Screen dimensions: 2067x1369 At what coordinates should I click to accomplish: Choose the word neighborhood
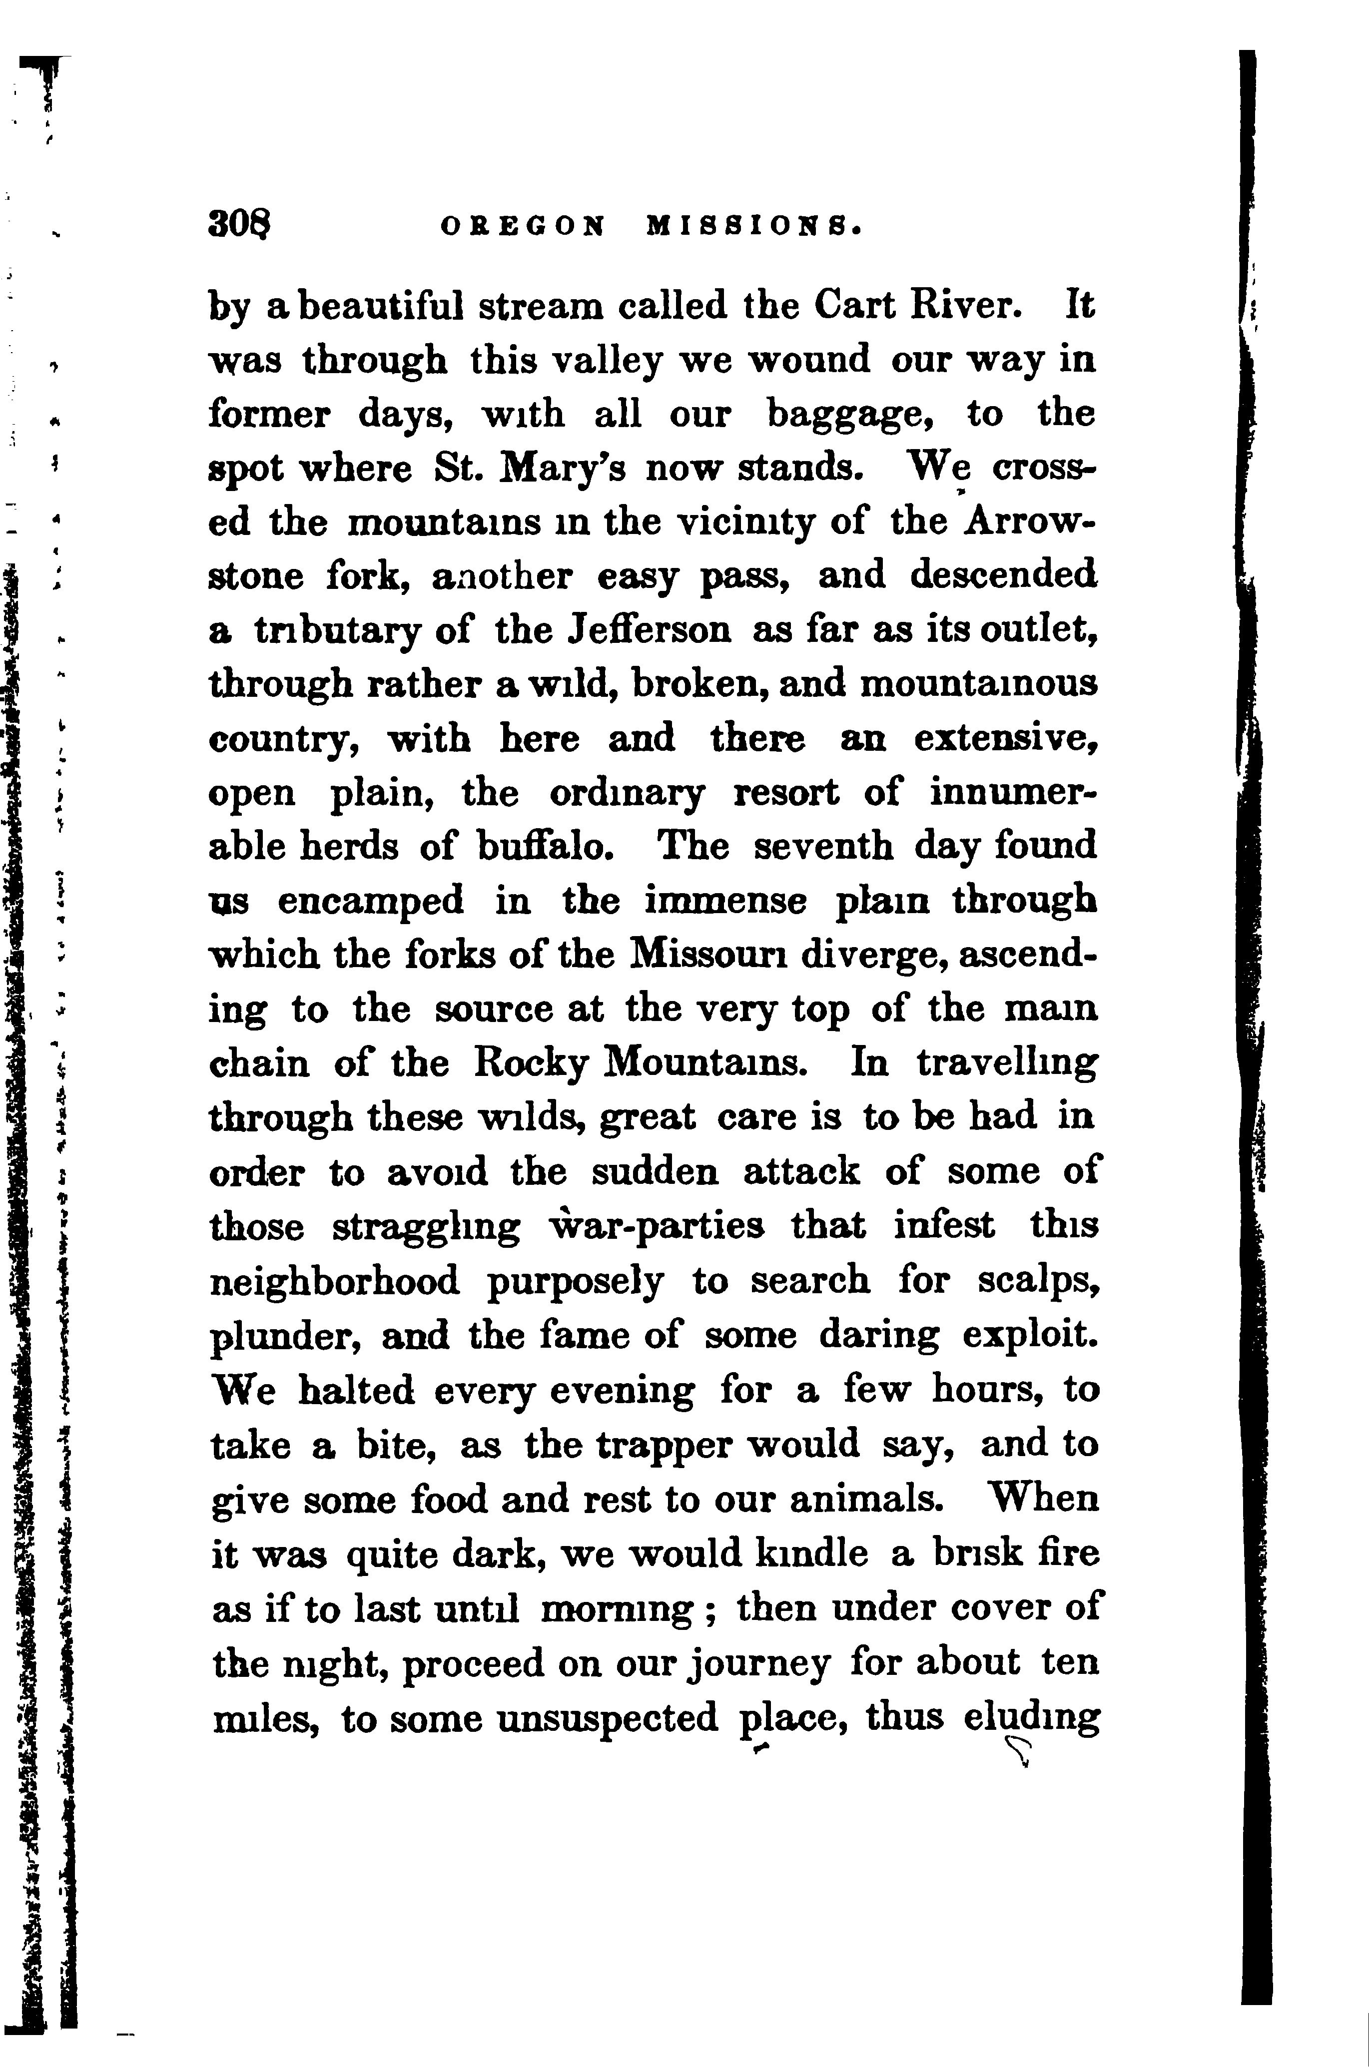[336, 1281]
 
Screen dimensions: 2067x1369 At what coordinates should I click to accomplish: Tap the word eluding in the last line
[1030, 1717]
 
